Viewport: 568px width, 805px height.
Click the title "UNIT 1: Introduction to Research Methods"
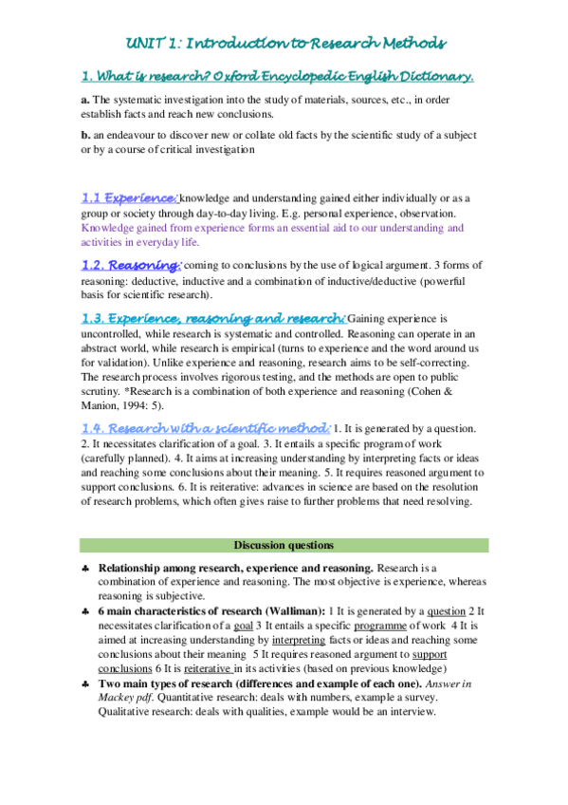[x=284, y=44]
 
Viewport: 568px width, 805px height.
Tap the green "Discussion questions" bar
[x=284, y=545]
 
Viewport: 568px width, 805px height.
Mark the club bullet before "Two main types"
[x=86, y=684]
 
